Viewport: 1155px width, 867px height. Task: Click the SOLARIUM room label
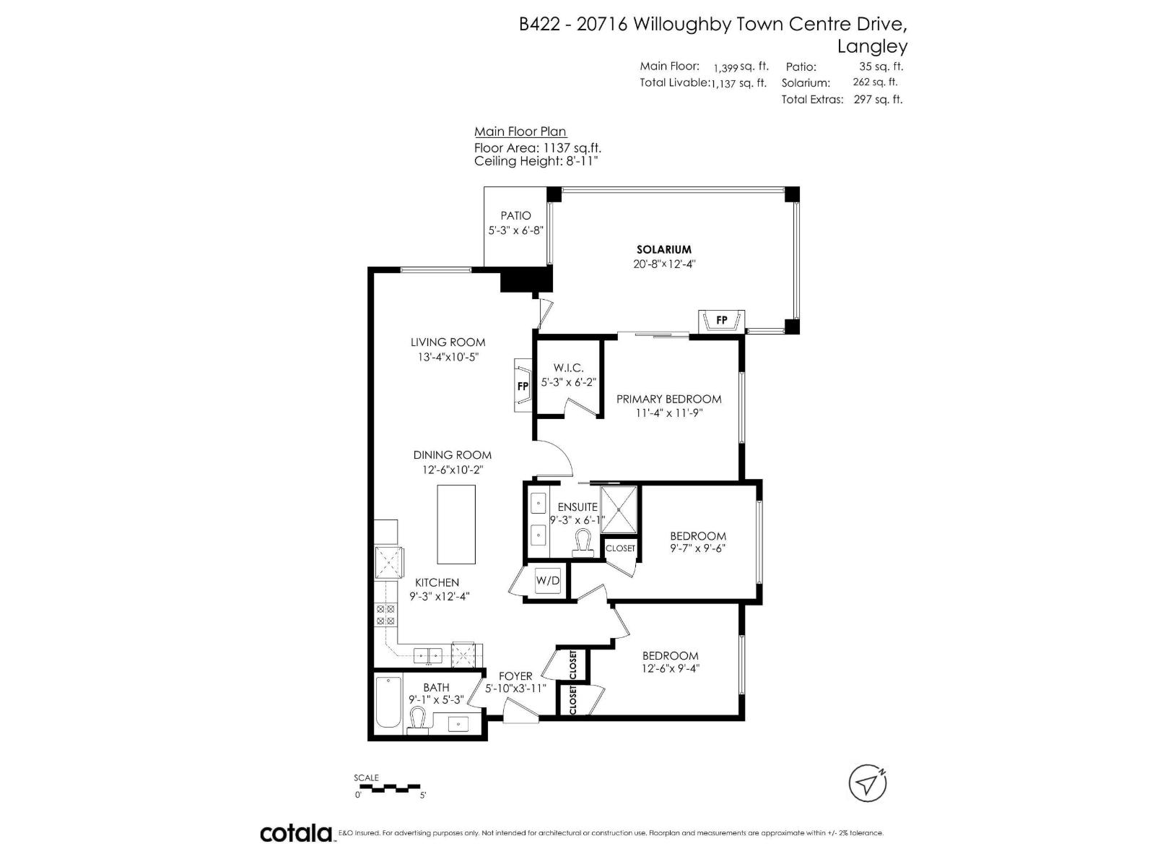[663, 249]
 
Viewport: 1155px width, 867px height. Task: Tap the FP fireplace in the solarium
[721, 320]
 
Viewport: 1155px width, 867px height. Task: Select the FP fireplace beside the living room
[523, 386]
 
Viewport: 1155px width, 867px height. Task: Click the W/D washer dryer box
[548, 581]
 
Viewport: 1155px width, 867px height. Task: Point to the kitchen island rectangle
[456, 524]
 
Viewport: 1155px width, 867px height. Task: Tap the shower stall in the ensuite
[620, 509]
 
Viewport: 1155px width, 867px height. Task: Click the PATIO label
[515, 215]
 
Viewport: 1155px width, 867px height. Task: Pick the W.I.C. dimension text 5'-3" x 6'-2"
[568, 382]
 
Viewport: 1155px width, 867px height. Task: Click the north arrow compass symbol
[867, 782]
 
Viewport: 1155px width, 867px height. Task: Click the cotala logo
[296, 833]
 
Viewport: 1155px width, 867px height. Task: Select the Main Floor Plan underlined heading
[520, 131]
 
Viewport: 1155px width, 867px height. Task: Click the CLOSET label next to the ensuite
[620, 548]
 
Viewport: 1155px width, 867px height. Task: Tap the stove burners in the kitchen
[385, 615]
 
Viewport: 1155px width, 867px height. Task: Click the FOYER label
[515, 676]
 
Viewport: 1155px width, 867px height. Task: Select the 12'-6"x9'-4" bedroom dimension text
[671, 669]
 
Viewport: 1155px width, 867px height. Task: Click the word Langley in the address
[872, 46]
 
